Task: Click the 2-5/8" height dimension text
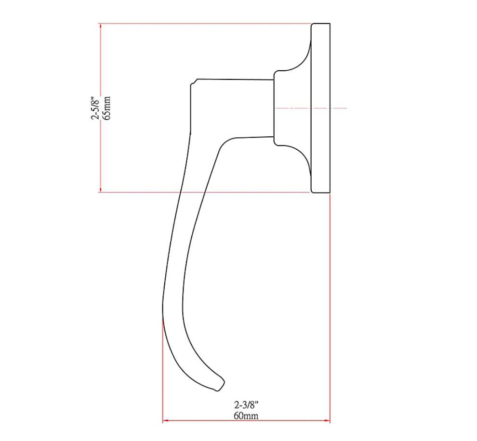(x=95, y=108)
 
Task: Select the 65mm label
(x=107, y=108)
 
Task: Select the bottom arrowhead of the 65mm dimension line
(x=100, y=189)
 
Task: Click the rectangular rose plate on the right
(x=320, y=108)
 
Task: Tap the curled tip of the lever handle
(x=219, y=384)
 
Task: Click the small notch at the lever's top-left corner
(x=193, y=83)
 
